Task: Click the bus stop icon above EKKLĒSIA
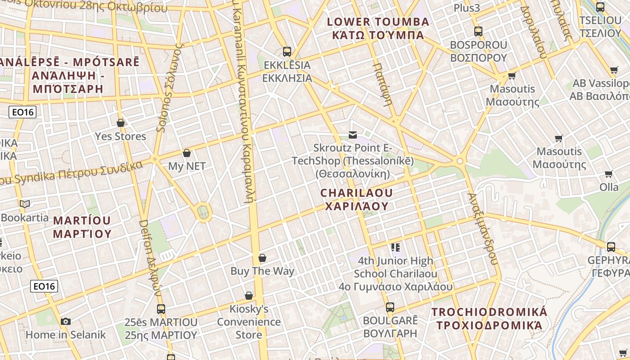(287, 51)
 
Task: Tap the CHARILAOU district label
(356, 199)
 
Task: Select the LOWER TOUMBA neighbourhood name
(378, 28)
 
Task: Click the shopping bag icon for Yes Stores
(121, 123)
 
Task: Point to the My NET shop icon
(187, 153)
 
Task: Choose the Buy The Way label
(262, 271)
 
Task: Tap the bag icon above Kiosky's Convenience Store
(248, 296)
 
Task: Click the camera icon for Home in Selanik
(66, 321)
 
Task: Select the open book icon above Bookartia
(25, 204)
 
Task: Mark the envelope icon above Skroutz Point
(352, 135)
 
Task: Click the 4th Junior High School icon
(396, 247)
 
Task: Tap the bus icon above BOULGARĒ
(390, 307)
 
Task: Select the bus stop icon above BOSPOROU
(478, 31)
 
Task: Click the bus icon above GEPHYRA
(611, 247)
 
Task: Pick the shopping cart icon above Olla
(609, 174)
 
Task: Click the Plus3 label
(467, 8)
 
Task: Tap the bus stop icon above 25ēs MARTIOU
(161, 309)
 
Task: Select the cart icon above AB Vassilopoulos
(614, 70)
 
